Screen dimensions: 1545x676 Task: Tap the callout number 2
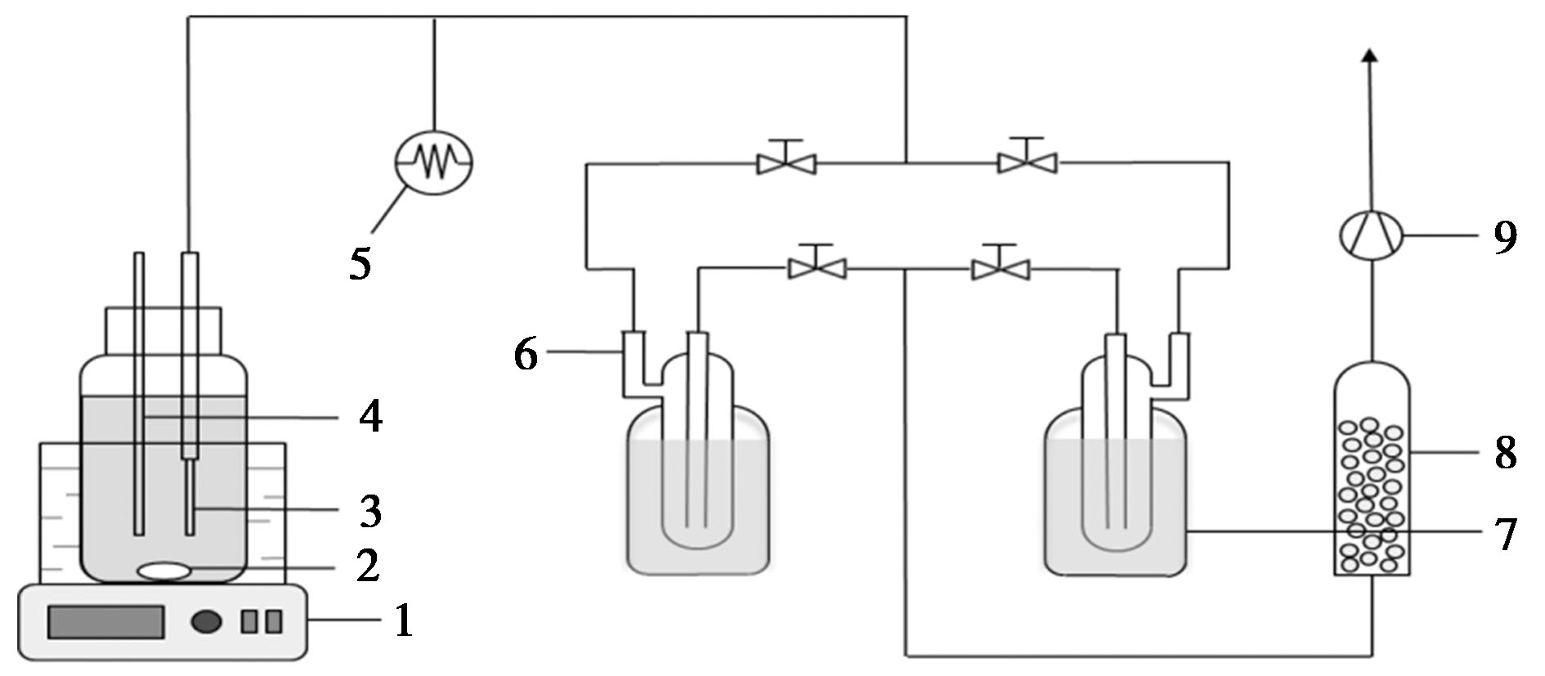pyautogui.click(x=369, y=566)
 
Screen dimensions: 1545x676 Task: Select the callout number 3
pyautogui.click(x=370, y=511)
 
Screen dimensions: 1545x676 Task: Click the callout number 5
pyautogui.click(x=360, y=263)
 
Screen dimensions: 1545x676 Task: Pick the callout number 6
pyautogui.click(x=526, y=354)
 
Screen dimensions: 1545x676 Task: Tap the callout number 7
pyautogui.click(x=1505, y=534)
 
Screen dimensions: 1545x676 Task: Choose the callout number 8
pyautogui.click(x=1505, y=452)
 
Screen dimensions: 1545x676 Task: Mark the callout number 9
pyautogui.click(x=1505, y=238)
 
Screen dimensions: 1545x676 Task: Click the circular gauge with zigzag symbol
pyautogui.click(x=433, y=162)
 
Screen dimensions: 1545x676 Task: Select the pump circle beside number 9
pyautogui.click(x=1372, y=237)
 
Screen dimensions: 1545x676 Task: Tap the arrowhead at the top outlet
pyautogui.click(x=1371, y=54)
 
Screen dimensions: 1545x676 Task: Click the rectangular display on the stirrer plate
pyautogui.click(x=105, y=623)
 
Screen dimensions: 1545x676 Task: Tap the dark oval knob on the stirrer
pyautogui.click(x=207, y=622)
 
